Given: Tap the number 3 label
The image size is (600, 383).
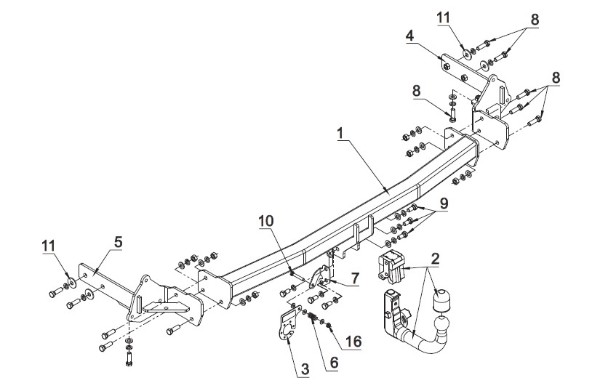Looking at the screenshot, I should coord(305,369).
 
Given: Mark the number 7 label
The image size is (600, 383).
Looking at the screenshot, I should coord(356,278).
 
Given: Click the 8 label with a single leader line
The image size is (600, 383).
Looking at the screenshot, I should coord(417,91).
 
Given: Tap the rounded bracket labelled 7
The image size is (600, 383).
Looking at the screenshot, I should coord(320,277).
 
